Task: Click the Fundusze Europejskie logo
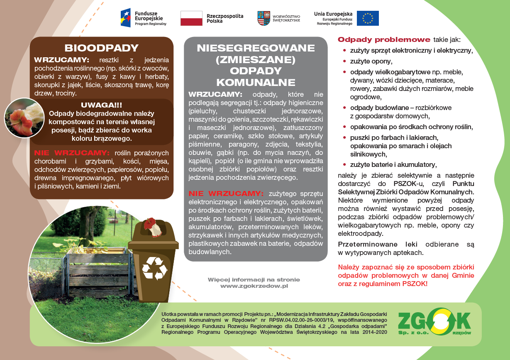point(143,17)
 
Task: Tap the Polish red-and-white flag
point(191,18)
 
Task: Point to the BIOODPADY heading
point(101,48)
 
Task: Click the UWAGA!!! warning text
point(101,105)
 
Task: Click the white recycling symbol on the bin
point(154,268)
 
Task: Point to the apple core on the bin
point(149,226)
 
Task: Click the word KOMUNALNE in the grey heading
point(256,82)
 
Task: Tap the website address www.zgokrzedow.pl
point(254,286)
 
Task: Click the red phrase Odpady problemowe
point(384,40)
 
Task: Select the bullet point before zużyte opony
point(344,61)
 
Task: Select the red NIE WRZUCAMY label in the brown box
point(71,152)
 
